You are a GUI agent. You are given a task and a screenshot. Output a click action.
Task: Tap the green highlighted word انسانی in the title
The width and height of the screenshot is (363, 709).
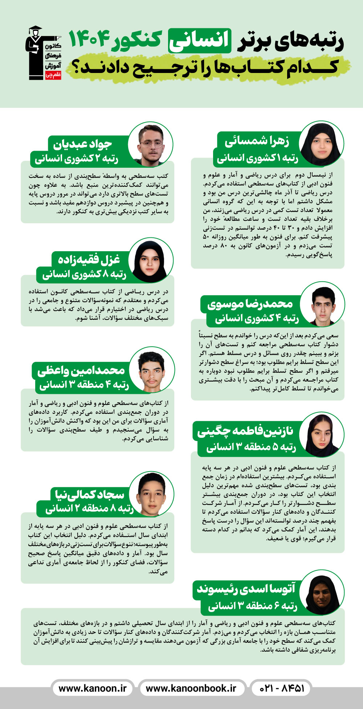[199, 40]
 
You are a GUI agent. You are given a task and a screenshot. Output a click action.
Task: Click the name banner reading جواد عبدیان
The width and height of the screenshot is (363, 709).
[83, 144]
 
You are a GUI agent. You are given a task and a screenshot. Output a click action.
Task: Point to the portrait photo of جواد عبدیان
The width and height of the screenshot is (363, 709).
[150, 144]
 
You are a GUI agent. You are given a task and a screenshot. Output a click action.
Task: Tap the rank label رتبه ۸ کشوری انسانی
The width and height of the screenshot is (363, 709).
[84, 274]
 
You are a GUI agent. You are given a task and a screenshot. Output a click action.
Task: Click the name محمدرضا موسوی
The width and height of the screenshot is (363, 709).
[250, 304]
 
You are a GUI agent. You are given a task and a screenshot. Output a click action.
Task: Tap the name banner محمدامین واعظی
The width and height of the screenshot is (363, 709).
[81, 370]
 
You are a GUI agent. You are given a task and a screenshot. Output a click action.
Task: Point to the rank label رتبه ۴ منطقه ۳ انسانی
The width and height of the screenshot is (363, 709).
[84, 385]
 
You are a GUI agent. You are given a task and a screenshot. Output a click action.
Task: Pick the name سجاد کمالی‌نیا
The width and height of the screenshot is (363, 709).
[89, 494]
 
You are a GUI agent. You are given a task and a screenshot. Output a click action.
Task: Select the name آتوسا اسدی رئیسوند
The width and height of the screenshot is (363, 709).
[246, 589]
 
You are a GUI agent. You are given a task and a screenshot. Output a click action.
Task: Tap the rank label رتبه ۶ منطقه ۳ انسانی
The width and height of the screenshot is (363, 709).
[253, 606]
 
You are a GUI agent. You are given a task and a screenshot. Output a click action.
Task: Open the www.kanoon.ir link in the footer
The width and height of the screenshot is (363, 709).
[93, 688]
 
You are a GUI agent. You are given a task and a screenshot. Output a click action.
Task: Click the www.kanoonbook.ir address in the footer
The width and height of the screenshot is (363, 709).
[191, 688]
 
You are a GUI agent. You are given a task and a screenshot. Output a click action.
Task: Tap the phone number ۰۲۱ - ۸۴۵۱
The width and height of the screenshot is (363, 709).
[282, 688]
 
